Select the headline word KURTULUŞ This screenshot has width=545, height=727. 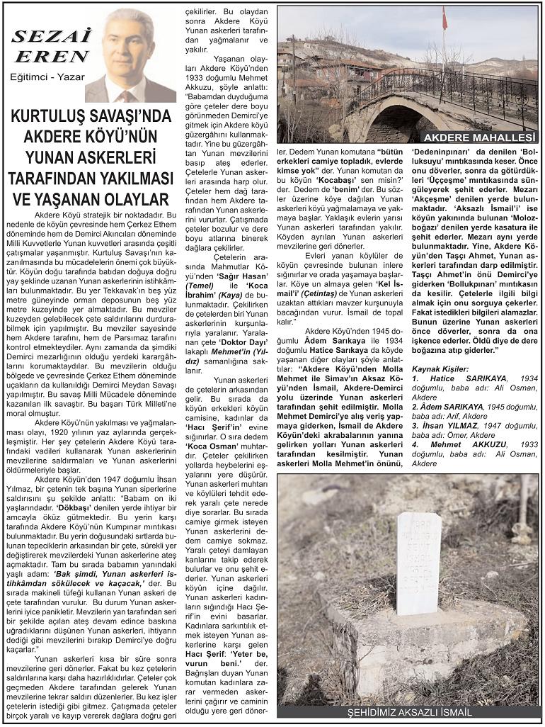[x=55, y=116]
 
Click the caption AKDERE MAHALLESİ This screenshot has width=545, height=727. [x=479, y=137]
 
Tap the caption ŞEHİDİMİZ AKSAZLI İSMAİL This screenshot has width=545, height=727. [x=410, y=713]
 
